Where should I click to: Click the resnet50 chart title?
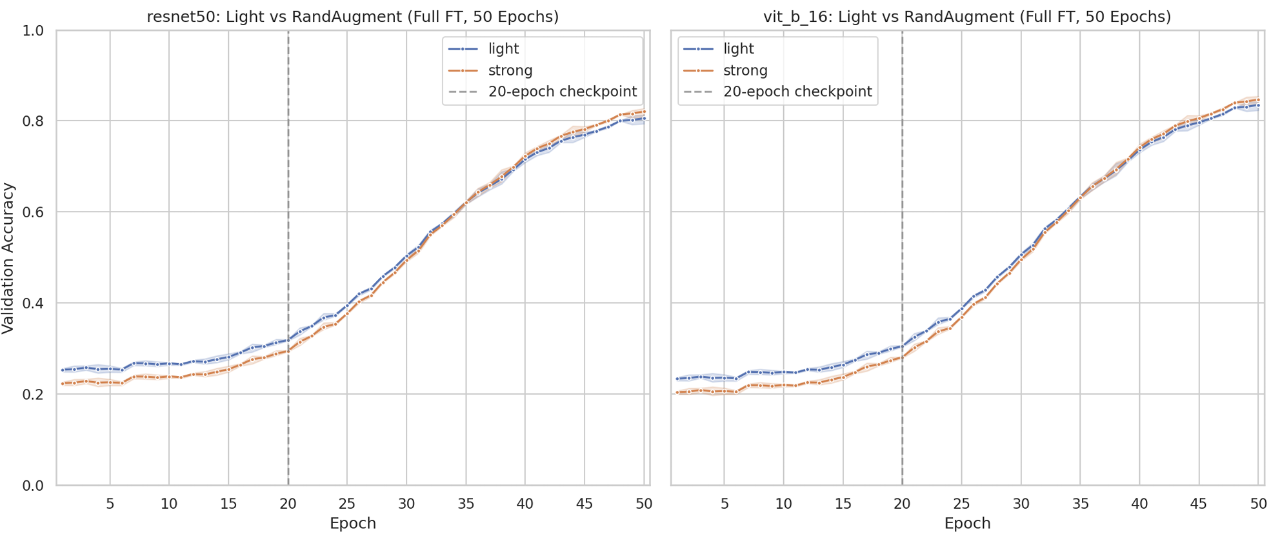(353, 17)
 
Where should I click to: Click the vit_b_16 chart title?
(967, 17)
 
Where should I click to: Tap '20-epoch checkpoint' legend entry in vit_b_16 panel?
(777, 92)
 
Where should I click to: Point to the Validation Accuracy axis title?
(8, 258)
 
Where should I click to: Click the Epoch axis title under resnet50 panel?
(353, 523)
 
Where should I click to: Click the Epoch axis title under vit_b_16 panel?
(967, 523)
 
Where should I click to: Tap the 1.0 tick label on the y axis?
(33, 30)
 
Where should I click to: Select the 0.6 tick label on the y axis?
(33, 212)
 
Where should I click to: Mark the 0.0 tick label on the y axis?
(33, 486)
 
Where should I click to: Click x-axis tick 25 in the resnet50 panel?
(347, 503)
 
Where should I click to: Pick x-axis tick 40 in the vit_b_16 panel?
(1139, 503)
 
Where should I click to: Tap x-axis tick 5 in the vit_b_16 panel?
(725, 503)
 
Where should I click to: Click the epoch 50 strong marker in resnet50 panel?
(644, 112)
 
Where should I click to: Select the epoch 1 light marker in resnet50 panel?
(63, 370)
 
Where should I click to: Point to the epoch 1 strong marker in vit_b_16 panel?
(677, 392)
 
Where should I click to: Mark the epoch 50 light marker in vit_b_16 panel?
(1258, 105)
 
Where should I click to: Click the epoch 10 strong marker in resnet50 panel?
(169, 377)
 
